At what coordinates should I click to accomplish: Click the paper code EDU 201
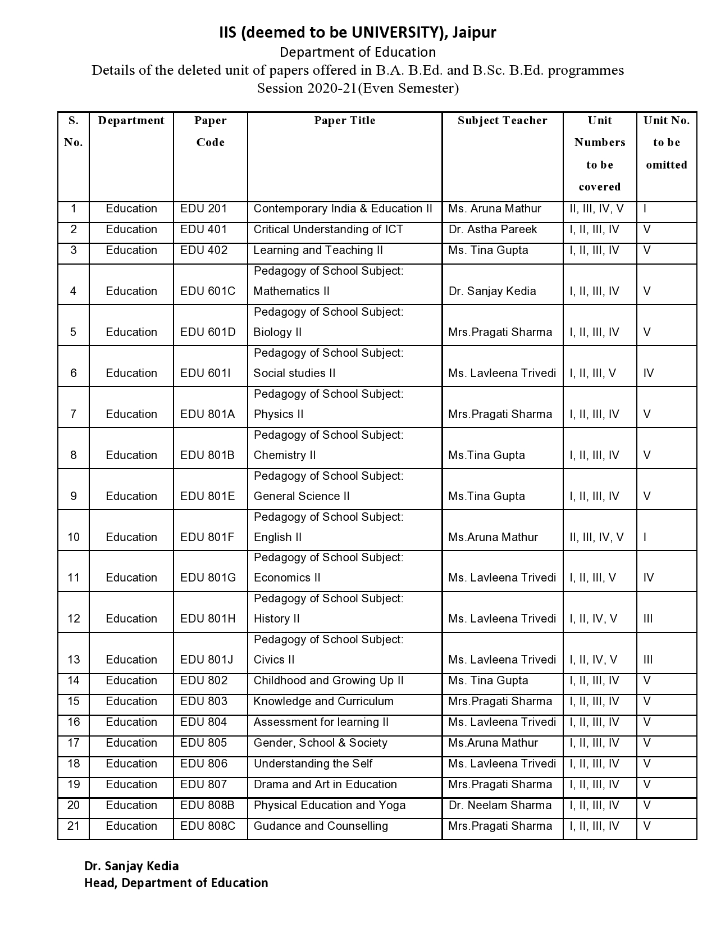click(203, 209)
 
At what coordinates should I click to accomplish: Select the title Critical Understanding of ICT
click(328, 230)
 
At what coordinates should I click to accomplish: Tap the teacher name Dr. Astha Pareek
click(492, 230)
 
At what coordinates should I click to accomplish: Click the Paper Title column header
click(344, 121)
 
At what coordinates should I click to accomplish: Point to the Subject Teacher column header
click(502, 121)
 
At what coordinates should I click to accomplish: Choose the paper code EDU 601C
click(208, 291)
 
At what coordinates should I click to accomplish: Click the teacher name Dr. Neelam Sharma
click(500, 806)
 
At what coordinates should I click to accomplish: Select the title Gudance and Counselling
click(321, 826)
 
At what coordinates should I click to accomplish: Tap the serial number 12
click(74, 619)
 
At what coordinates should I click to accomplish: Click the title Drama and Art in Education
click(325, 785)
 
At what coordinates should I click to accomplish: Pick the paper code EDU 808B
click(207, 806)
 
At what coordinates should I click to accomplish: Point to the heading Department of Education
click(358, 52)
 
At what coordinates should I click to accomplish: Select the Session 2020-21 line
click(358, 88)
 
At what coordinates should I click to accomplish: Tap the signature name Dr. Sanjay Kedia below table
click(131, 866)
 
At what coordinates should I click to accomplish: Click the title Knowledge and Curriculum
click(323, 702)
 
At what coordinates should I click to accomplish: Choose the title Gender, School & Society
click(320, 743)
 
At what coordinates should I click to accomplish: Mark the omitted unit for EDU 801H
click(648, 619)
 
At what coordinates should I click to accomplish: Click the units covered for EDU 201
click(596, 209)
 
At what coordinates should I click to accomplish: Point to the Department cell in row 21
click(131, 826)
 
